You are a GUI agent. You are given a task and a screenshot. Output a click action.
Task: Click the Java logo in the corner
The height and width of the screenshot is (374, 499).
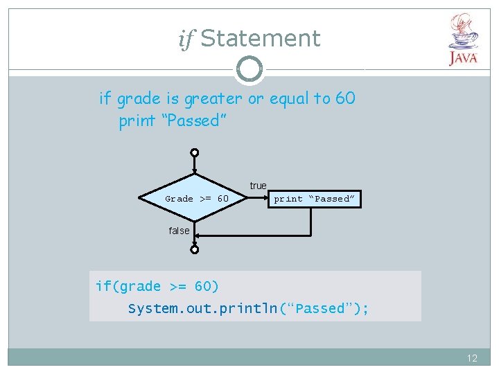coord(463,40)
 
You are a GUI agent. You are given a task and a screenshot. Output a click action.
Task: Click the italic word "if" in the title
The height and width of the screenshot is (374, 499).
coord(186,39)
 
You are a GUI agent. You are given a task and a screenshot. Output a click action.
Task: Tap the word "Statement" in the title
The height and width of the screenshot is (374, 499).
coord(261,38)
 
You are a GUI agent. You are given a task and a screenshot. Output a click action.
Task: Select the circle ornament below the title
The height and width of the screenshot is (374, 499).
coord(249,69)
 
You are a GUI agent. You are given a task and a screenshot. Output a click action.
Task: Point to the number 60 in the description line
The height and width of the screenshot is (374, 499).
coord(344,98)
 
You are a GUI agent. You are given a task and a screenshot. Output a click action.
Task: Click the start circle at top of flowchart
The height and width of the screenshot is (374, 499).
coord(195,152)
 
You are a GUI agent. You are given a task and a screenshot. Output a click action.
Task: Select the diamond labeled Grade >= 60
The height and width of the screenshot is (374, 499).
coord(195,199)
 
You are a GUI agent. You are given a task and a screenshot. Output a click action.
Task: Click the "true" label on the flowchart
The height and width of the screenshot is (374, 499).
coord(258,186)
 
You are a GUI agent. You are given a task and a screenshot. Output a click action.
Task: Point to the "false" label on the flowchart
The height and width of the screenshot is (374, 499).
coord(179,231)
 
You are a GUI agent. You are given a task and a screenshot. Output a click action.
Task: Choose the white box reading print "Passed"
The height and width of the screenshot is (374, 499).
coord(314,199)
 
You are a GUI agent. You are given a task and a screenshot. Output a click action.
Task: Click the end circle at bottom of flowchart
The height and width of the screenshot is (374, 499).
coord(195,249)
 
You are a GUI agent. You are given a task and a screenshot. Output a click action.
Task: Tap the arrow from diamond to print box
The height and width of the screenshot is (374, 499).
coord(258,199)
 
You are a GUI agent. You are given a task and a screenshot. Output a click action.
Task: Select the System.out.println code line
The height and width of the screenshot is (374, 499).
coord(248,308)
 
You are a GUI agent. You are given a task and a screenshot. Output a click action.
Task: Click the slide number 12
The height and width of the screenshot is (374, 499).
coord(472,358)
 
